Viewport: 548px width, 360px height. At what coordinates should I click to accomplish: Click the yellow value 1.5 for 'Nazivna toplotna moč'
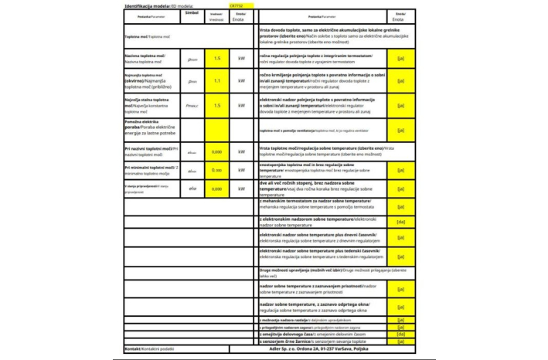pos(217,59)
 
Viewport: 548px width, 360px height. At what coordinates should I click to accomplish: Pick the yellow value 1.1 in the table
pos(217,80)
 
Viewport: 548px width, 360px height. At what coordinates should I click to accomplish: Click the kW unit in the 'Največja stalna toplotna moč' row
pos(241,105)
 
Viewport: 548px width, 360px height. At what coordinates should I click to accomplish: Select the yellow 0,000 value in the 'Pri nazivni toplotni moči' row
pos(217,151)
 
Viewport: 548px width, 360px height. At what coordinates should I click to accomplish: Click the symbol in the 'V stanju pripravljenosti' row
pos(192,188)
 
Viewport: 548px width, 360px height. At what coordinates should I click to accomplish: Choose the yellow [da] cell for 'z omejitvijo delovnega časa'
pos(400,334)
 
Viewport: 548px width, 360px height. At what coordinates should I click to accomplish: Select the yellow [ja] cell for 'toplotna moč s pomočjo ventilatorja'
pos(400,131)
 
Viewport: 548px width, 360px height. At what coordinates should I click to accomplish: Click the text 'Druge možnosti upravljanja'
pos(288,270)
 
